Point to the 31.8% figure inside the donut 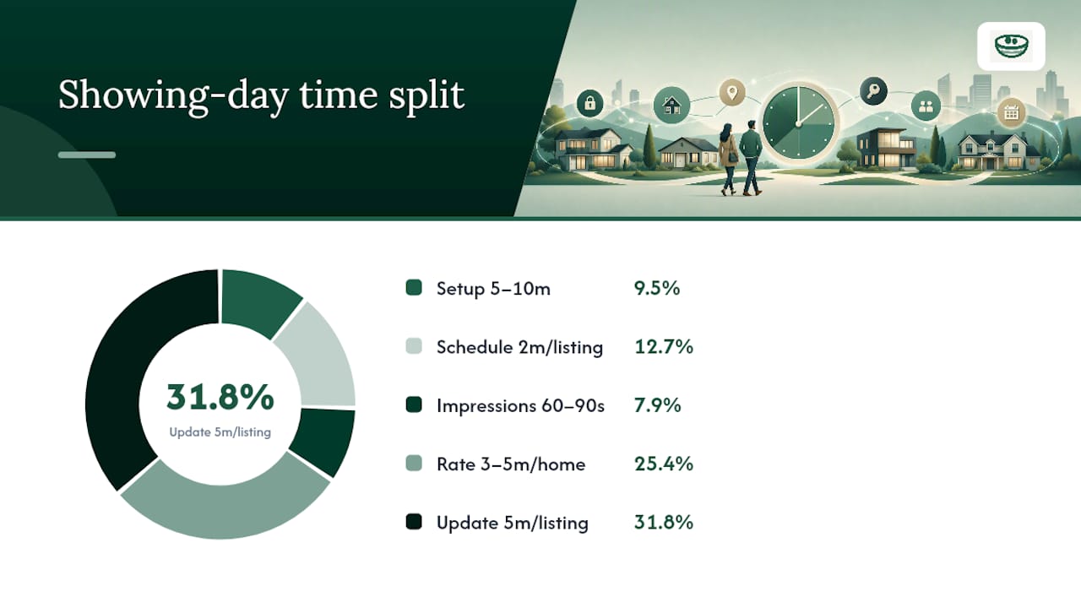220,397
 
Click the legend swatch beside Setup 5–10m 414,288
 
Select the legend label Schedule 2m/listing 519,347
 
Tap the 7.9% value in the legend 657,405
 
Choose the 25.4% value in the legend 664,464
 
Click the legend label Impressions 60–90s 520,406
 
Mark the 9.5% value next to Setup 657,288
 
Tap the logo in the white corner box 1011,46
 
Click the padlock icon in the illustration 589,103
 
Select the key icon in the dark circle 873,90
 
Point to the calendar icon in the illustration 1011,113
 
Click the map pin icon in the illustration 732,92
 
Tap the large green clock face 799,123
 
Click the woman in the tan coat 728,158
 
